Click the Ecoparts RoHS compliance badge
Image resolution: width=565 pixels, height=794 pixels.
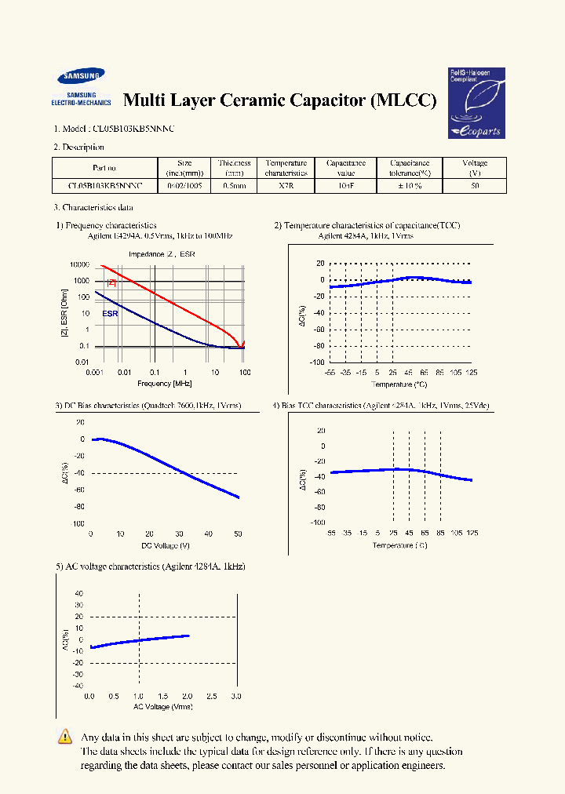(x=476, y=103)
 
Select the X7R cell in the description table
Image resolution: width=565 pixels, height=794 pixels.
(x=280, y=187)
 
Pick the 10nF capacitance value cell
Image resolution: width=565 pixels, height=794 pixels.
(x=346, y=187)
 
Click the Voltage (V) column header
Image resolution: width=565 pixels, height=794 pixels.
(x=475, y=168)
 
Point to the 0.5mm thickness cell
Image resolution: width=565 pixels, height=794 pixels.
(x=234, y=187)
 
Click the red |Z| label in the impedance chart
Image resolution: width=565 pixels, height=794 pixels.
(x=111, y=282)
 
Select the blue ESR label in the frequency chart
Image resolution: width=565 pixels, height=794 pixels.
(x=110, y=313)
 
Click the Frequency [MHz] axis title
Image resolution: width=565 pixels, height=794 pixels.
(x=165, y=384)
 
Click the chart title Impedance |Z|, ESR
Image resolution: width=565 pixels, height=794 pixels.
(x=161, y=254)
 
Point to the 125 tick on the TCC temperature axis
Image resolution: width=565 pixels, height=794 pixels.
(x=471, y=373)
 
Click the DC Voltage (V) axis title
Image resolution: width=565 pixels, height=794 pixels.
(x=165, y=545)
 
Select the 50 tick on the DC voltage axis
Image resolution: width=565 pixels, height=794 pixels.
(x=238, y=534)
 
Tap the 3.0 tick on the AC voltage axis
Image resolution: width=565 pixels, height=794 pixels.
(x=237, y=696)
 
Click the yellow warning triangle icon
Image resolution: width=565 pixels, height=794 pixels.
(x=65, y=737)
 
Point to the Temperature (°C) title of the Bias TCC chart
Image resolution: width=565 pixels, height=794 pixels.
(x=400, y=545)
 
